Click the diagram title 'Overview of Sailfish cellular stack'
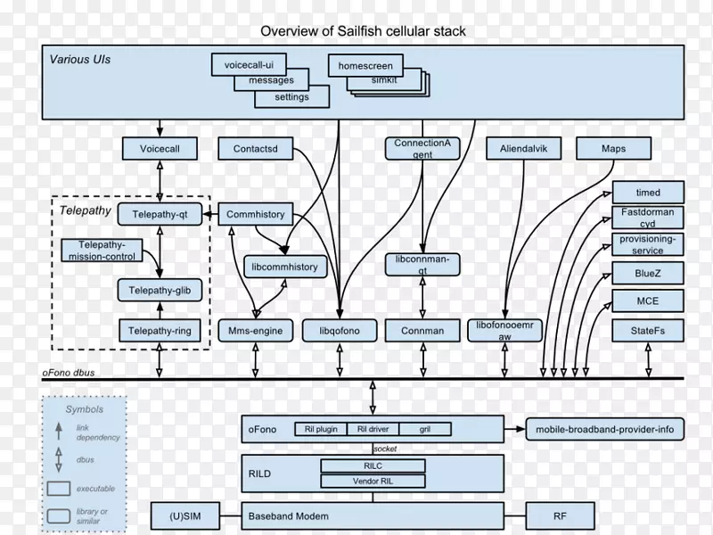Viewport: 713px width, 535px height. point(363,31)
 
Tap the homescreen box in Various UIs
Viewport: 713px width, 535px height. point(365,65)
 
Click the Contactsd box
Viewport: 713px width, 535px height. point(255,149)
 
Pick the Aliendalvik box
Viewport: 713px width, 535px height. point(524,149)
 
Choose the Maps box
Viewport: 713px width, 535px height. point(613,149)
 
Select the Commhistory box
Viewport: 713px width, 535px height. point(256,214)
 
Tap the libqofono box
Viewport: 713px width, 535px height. point(339,331)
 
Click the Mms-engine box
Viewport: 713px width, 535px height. point(256,331)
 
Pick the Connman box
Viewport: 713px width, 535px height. point(422,331)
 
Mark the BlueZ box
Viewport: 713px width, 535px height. point(648,272)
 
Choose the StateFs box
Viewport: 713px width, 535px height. point(648,331)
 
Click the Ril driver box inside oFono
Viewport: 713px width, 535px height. point(373,430)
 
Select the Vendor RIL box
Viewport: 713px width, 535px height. point(373,481)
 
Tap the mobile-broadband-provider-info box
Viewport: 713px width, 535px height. point(604,430)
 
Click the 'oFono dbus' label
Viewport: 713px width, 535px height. point(71,372)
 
